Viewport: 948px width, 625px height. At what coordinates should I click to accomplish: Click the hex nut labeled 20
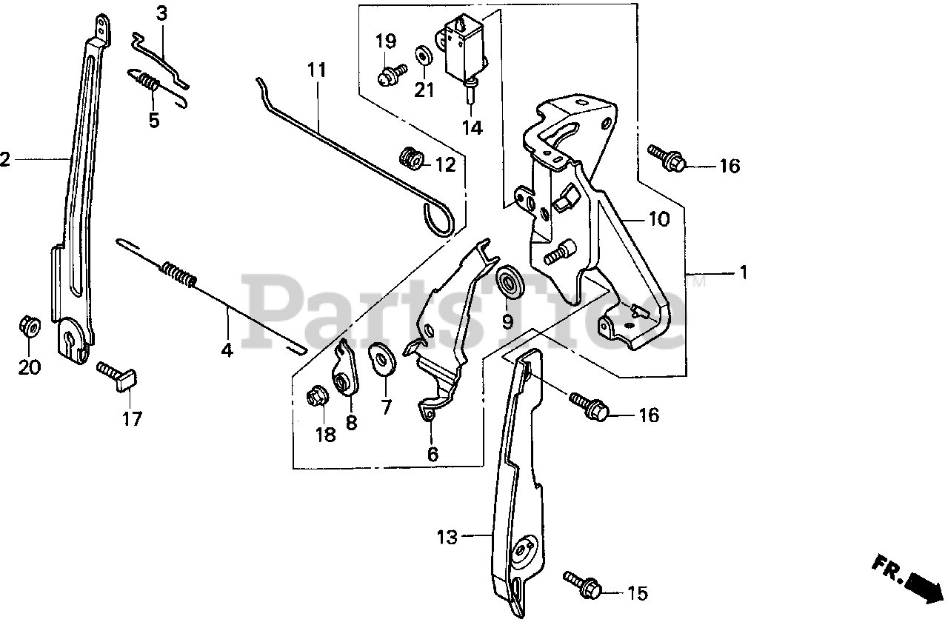[x=29, y=326]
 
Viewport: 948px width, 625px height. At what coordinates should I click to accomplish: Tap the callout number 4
[x=227, y=350]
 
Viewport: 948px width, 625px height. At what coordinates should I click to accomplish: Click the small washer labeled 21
[x=424, y=56]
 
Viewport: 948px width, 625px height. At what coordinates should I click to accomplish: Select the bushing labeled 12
[x=410, y=158]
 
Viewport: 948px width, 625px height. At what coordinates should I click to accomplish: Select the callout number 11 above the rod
[x=317, y=71]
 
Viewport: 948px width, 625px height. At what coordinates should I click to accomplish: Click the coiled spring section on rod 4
[x=179, y=273]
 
